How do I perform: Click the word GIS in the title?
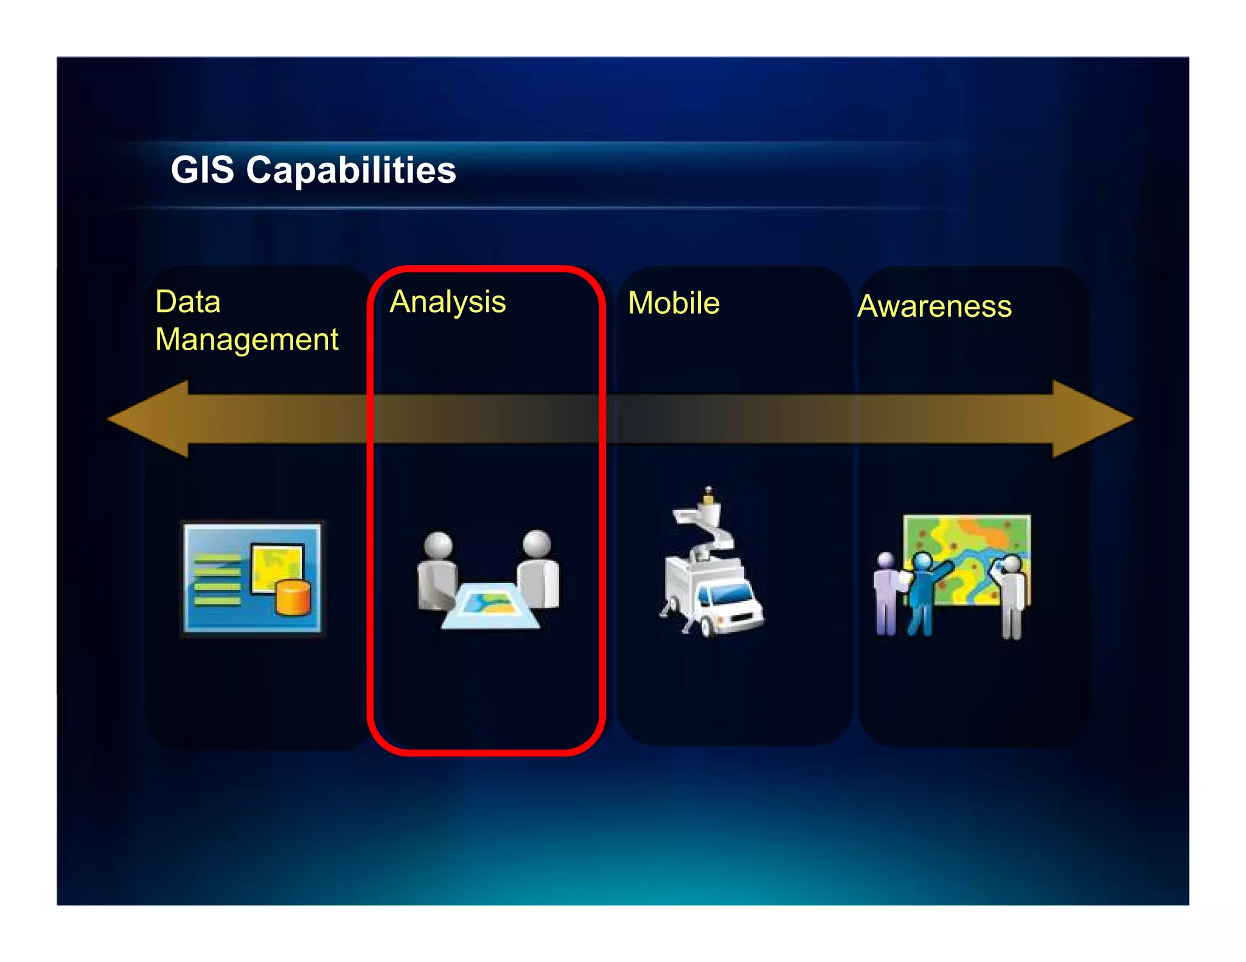(x=202, y=170)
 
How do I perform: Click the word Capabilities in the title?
(x=351, y=171)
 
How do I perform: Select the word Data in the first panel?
(x=187, y=302)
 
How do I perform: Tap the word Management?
(x=246, y=339)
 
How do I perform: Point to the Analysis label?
(x=448, y=303)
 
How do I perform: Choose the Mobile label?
(x=673, y=303)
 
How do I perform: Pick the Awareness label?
(x=934, y=306)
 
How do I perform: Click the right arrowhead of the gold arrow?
(x=1092, y=419)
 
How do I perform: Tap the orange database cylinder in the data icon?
(x=293, y=597)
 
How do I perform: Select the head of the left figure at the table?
(x=438, y=544)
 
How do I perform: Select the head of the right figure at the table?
(x=537, y=542)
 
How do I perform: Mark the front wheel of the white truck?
(x=708, y=626)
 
